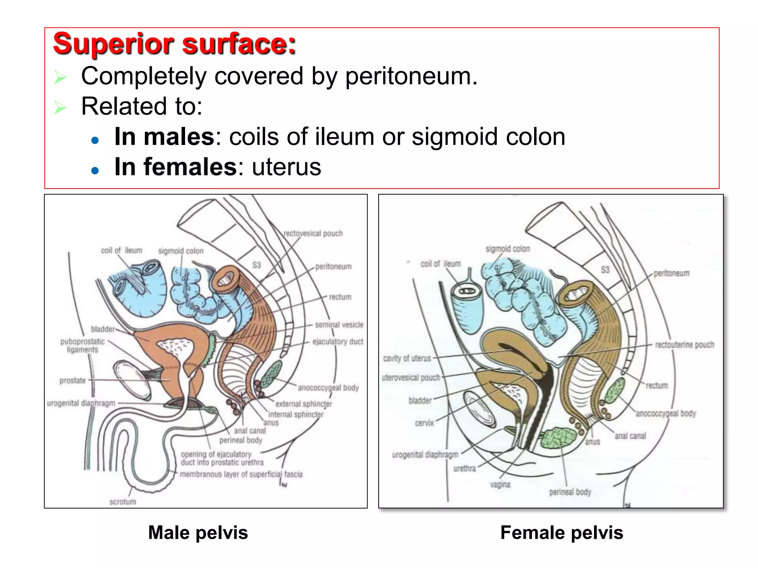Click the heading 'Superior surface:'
tap(174, 44)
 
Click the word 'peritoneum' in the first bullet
tap(411, 77)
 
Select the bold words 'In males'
tap(164, 137)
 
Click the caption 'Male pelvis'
tap(198, 532)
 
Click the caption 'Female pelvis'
tap(561, 532)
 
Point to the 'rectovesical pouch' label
tap(313, 233)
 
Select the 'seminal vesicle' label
tap(339, 325)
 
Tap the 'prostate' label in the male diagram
tap(73, 380)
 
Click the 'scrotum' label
tap(123, 501)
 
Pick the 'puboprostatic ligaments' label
tap(83, 345)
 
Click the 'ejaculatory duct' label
tap(338, 341)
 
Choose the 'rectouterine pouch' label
tap(684, 345)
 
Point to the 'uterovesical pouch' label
tap(411, 377)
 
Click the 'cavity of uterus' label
tap(407, 358)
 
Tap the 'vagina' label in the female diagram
tap(500, 484)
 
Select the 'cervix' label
tap(424, 423)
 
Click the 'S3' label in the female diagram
tap(605, 269)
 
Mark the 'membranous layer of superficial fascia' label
tap(241, 474)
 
